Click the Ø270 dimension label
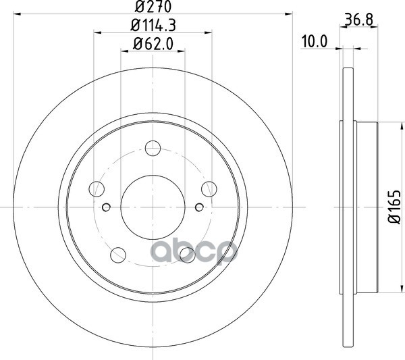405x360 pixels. tap(153, 7)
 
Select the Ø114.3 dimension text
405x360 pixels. tap(153, 25)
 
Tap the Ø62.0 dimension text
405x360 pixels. tap(153, 44)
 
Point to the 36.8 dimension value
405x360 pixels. tap(359, 20)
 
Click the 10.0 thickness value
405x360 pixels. tap(315, 42)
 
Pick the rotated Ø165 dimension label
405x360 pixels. tap(394, 207)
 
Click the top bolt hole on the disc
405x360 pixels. tap(153, 149)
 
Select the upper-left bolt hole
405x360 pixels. tap(97, 189)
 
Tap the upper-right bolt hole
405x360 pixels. tap(209, 189)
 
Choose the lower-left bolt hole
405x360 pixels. tap(118, 255)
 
